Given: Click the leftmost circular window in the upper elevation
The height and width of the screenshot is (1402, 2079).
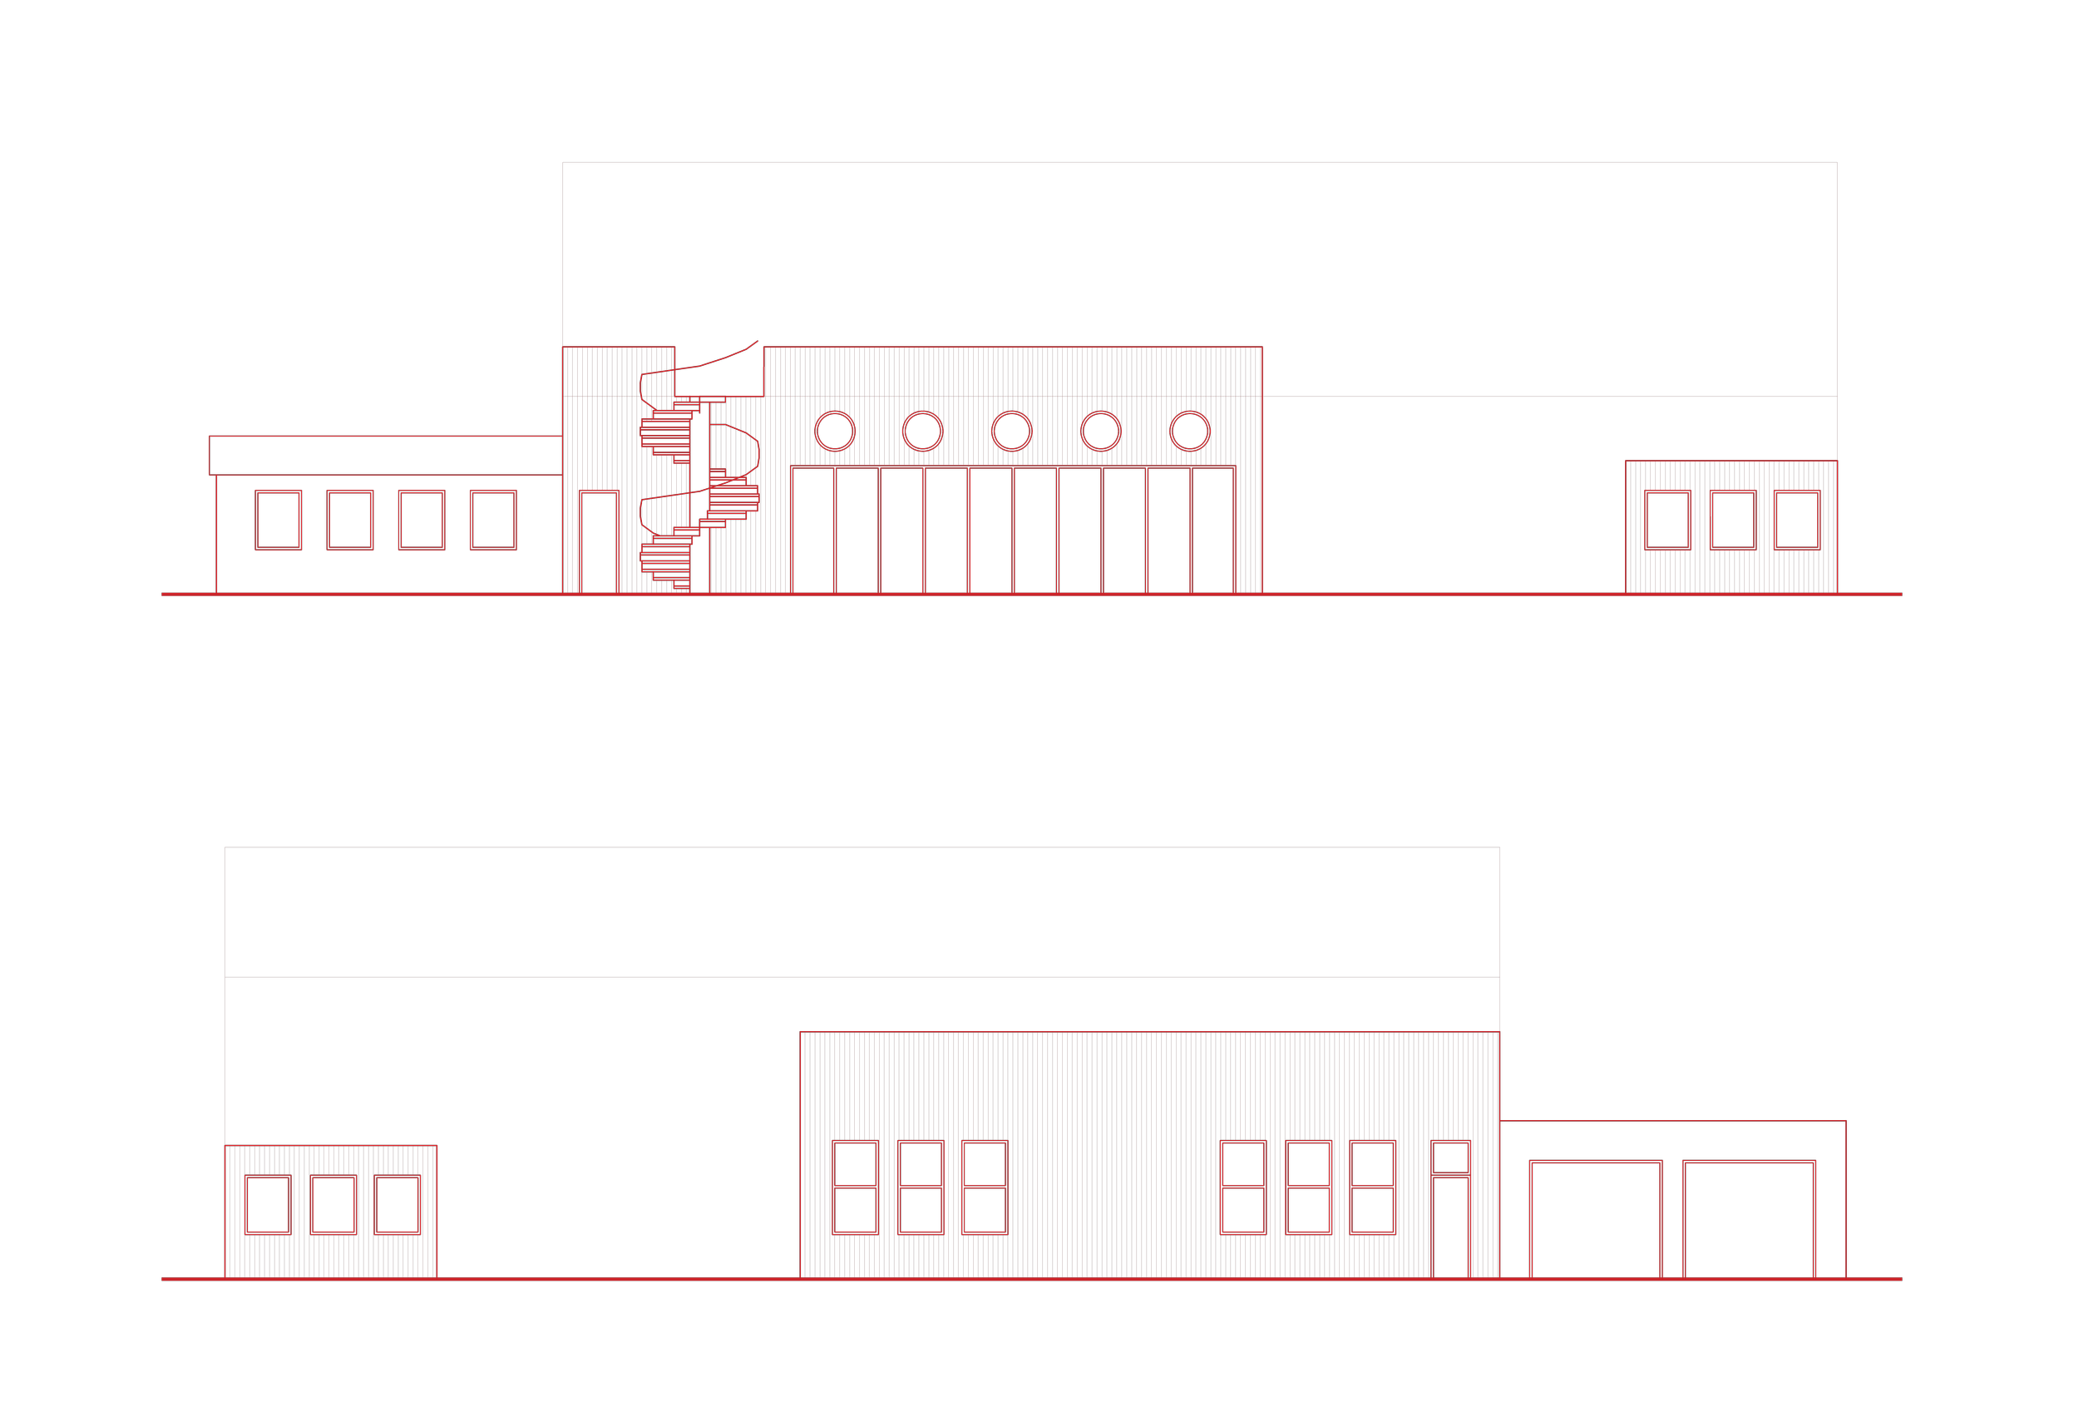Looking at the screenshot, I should (x=834, y=431).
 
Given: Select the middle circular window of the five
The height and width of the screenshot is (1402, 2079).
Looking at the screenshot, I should (x=1011, y=431).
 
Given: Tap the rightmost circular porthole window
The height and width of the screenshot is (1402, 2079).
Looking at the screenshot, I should (x=1189, y=431).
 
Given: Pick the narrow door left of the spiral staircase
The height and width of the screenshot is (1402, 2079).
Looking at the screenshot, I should (x=599, y=542).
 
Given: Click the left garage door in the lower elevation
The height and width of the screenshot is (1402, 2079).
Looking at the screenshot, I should (x=1596, y=1220).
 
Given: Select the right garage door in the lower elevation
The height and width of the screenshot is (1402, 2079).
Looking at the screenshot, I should (x=1749, y=1220).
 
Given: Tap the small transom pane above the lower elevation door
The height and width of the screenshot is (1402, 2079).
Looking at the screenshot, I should (x=1450, y=1158).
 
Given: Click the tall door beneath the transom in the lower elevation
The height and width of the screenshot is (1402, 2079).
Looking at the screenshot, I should (x=1450, y=1227).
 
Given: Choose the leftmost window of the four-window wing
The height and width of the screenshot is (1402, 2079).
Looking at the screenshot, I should (x=278, y=520).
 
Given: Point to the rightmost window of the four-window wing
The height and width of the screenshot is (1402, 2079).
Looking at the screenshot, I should (x=494, y=520).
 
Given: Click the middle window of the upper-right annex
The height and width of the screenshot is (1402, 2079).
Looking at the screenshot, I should (x=1733, y=520).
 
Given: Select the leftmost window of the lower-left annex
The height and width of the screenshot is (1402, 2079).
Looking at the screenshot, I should (x=269, y=1204).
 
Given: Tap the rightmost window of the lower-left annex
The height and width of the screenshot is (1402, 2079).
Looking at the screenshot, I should (x=397, y=1204).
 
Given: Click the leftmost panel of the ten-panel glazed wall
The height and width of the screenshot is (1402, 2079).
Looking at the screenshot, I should (x=812, y=530).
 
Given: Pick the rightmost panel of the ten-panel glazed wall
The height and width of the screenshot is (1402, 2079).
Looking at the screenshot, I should (x=1213, y=530).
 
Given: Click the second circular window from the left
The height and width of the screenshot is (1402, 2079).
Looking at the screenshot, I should (x=923, y=431).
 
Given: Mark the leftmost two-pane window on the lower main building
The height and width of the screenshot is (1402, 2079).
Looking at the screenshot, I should (x=855, y=1187).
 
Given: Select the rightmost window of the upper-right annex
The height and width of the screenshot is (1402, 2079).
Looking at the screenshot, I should (x=1797, y=520).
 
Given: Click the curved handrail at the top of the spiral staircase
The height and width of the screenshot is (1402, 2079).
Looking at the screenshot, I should (x=706, y=361).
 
